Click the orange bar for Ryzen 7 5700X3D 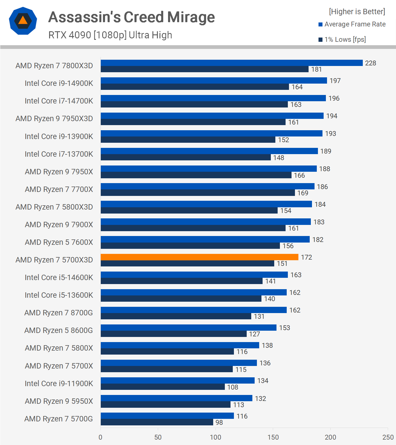point(199,257)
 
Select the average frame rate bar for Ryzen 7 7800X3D point(232,63)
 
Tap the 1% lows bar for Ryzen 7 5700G point(157,422)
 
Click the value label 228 point(370,63)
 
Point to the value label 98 point(219,423)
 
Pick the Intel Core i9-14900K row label point(59,83)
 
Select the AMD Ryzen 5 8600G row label point(58,330)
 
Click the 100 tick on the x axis point(215,437)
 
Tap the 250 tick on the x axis point(388,437)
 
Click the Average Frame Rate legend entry point(352,24)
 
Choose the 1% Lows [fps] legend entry point(342,40)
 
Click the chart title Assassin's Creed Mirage point(131,17)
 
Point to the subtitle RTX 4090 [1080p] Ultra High point(110,35)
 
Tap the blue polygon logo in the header point(23,21)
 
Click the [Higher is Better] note point(357,12)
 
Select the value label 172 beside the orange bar point(306,257)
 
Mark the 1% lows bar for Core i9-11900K point(163,387)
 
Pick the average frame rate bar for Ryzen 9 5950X point(176,398)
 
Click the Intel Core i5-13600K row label point(59,295)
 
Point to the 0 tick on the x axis point(100,437)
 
